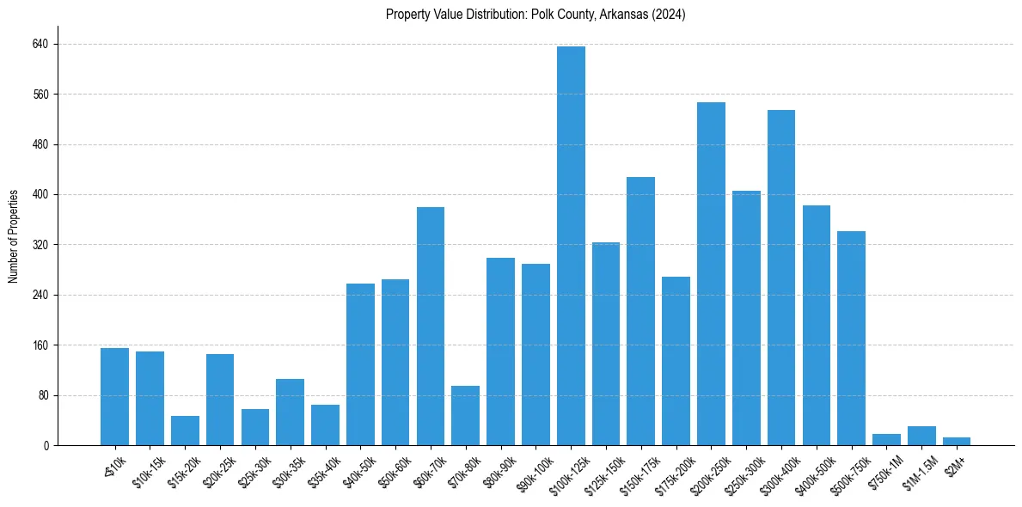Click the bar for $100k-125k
click(x=571, y=246)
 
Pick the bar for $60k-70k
click(x=431, y=326)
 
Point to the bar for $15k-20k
click(x=185, y=431)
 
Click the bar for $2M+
click(x=957, y=442)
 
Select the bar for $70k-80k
click(x=465, y=416)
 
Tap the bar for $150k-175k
click(x=640, y=311)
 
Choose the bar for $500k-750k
click(x=851, y=338)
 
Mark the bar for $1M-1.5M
click(x=921, y=436)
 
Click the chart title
click(x=535, y=15)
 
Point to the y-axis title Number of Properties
click(x=14, y=236)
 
